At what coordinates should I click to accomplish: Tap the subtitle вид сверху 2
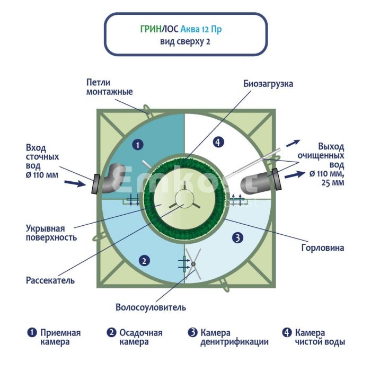click(185, 42)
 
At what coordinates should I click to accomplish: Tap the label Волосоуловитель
click(151, 307)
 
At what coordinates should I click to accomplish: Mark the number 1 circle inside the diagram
click(137, 144)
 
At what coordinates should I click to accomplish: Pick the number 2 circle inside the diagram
click(143, 260)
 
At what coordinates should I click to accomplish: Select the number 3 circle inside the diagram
click(237, 238)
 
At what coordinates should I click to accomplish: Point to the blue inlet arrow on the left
click(76, 184)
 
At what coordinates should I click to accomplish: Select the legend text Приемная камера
click(55, 337)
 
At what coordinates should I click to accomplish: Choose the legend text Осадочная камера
click(135, 337)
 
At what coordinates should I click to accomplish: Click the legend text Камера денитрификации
click(228, 337)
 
